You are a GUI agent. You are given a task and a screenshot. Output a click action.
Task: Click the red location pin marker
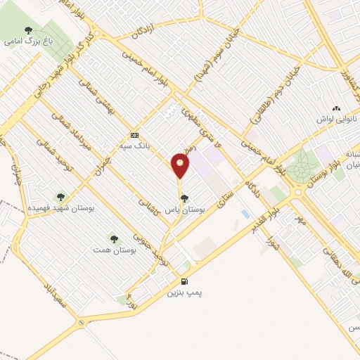click(x=180, y=165)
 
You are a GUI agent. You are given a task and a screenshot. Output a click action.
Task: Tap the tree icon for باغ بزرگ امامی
click(x=28, y=30)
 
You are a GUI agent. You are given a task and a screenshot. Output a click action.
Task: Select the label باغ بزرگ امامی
click(x=28, y=41)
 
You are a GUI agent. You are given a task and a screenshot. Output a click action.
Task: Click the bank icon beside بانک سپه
click(x=134, y=135)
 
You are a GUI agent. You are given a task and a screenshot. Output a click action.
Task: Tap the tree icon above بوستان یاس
click(x=184, y=198)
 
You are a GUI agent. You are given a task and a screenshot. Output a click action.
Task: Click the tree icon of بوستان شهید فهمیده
click(x=60, y=198)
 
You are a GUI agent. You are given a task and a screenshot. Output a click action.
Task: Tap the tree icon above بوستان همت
click(x=114, y=239)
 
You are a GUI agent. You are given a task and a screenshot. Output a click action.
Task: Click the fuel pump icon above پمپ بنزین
click(x=184, y=281)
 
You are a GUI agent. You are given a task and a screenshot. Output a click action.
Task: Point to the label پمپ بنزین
click(x=184, y=292)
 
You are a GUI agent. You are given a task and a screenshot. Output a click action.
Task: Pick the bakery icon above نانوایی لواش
click(x=335, y=108)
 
